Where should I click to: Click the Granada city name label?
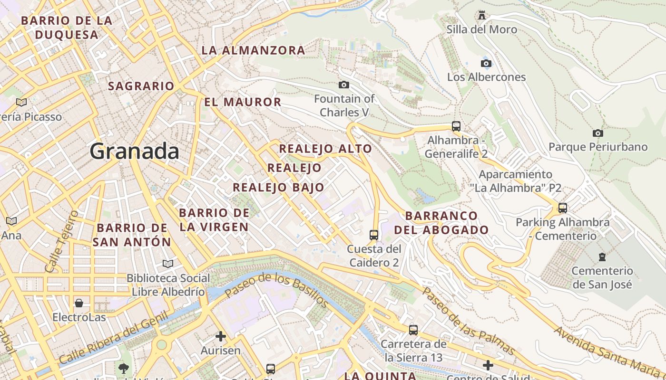click(134, 152)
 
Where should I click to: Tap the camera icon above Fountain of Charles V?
click(343, 85)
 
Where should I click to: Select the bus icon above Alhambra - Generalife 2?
click(456, 126)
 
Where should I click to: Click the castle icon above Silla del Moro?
click(482, 15)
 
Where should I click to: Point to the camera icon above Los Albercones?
click(486, 63)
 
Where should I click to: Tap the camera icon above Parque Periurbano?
click(598, 133)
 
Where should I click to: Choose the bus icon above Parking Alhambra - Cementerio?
click(563, 208)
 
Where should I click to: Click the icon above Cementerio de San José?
click(602, 257)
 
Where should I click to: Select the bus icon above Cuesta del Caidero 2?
click(374, 235)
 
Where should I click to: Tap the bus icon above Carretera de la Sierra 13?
click(413, 330)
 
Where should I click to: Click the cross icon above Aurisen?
click(220, 336)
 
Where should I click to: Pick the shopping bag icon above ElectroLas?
click(79, 303)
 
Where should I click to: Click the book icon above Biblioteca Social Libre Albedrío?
click(167, 264)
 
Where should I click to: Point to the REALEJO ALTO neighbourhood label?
click(325, 149)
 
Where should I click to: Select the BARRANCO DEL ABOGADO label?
click(447, 223)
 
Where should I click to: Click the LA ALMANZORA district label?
click(253, 50)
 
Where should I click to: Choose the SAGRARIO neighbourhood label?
click(141, 86)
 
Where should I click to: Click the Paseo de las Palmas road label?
click(469, 321)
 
